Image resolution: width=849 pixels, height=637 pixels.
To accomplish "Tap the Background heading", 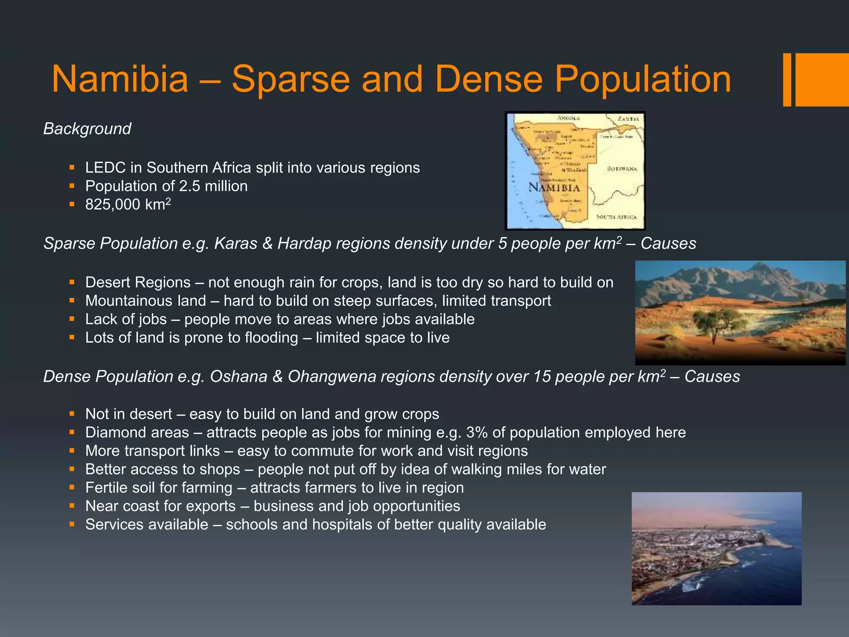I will point(87,129).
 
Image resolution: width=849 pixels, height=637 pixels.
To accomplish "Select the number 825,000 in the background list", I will point(112,204).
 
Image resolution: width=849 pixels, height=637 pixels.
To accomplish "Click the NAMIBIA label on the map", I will point(554,187).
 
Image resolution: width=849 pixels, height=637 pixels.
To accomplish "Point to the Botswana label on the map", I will point(622,168).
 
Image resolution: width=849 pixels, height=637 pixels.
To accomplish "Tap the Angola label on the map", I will point(568,118).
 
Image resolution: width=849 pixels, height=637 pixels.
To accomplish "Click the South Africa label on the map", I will point(616,216).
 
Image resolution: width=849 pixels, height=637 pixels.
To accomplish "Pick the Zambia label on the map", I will point(628,119).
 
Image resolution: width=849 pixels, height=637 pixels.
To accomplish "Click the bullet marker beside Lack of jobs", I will point(72,319).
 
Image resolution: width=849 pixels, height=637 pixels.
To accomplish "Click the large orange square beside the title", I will point(822,80).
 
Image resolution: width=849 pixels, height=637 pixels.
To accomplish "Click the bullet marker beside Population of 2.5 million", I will point(72,186).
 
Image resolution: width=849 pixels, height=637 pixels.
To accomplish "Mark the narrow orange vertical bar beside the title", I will point(787,80).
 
